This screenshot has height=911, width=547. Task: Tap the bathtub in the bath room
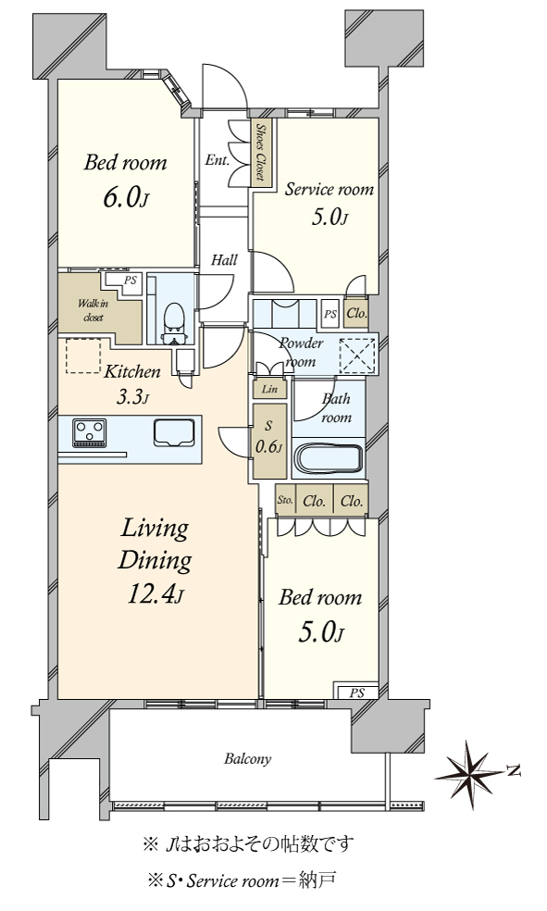coord(329,459)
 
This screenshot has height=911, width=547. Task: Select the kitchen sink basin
coord(174,433)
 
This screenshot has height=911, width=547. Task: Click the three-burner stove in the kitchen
coord(89,433)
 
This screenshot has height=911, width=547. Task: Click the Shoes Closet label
coord(262,152)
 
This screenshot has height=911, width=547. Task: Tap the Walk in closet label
coord(93,310)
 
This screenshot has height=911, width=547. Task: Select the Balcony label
coord(248,759)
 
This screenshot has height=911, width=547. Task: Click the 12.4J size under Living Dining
coord(155,594)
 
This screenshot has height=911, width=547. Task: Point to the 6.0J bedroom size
coord(126,197)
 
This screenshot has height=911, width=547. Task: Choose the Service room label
coord(329,190)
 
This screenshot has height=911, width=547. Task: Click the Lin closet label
coord(269,389)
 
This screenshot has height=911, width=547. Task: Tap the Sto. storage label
coord(284,500)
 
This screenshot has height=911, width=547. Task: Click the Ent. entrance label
coord(218,160)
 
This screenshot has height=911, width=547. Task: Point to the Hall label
coord(224,260)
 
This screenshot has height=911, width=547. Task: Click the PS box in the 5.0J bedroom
coord(356,693)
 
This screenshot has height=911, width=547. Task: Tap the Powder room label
coord(301,352)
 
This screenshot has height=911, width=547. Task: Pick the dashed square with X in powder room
coord(357,356)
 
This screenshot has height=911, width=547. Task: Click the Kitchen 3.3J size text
coord(133,397)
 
